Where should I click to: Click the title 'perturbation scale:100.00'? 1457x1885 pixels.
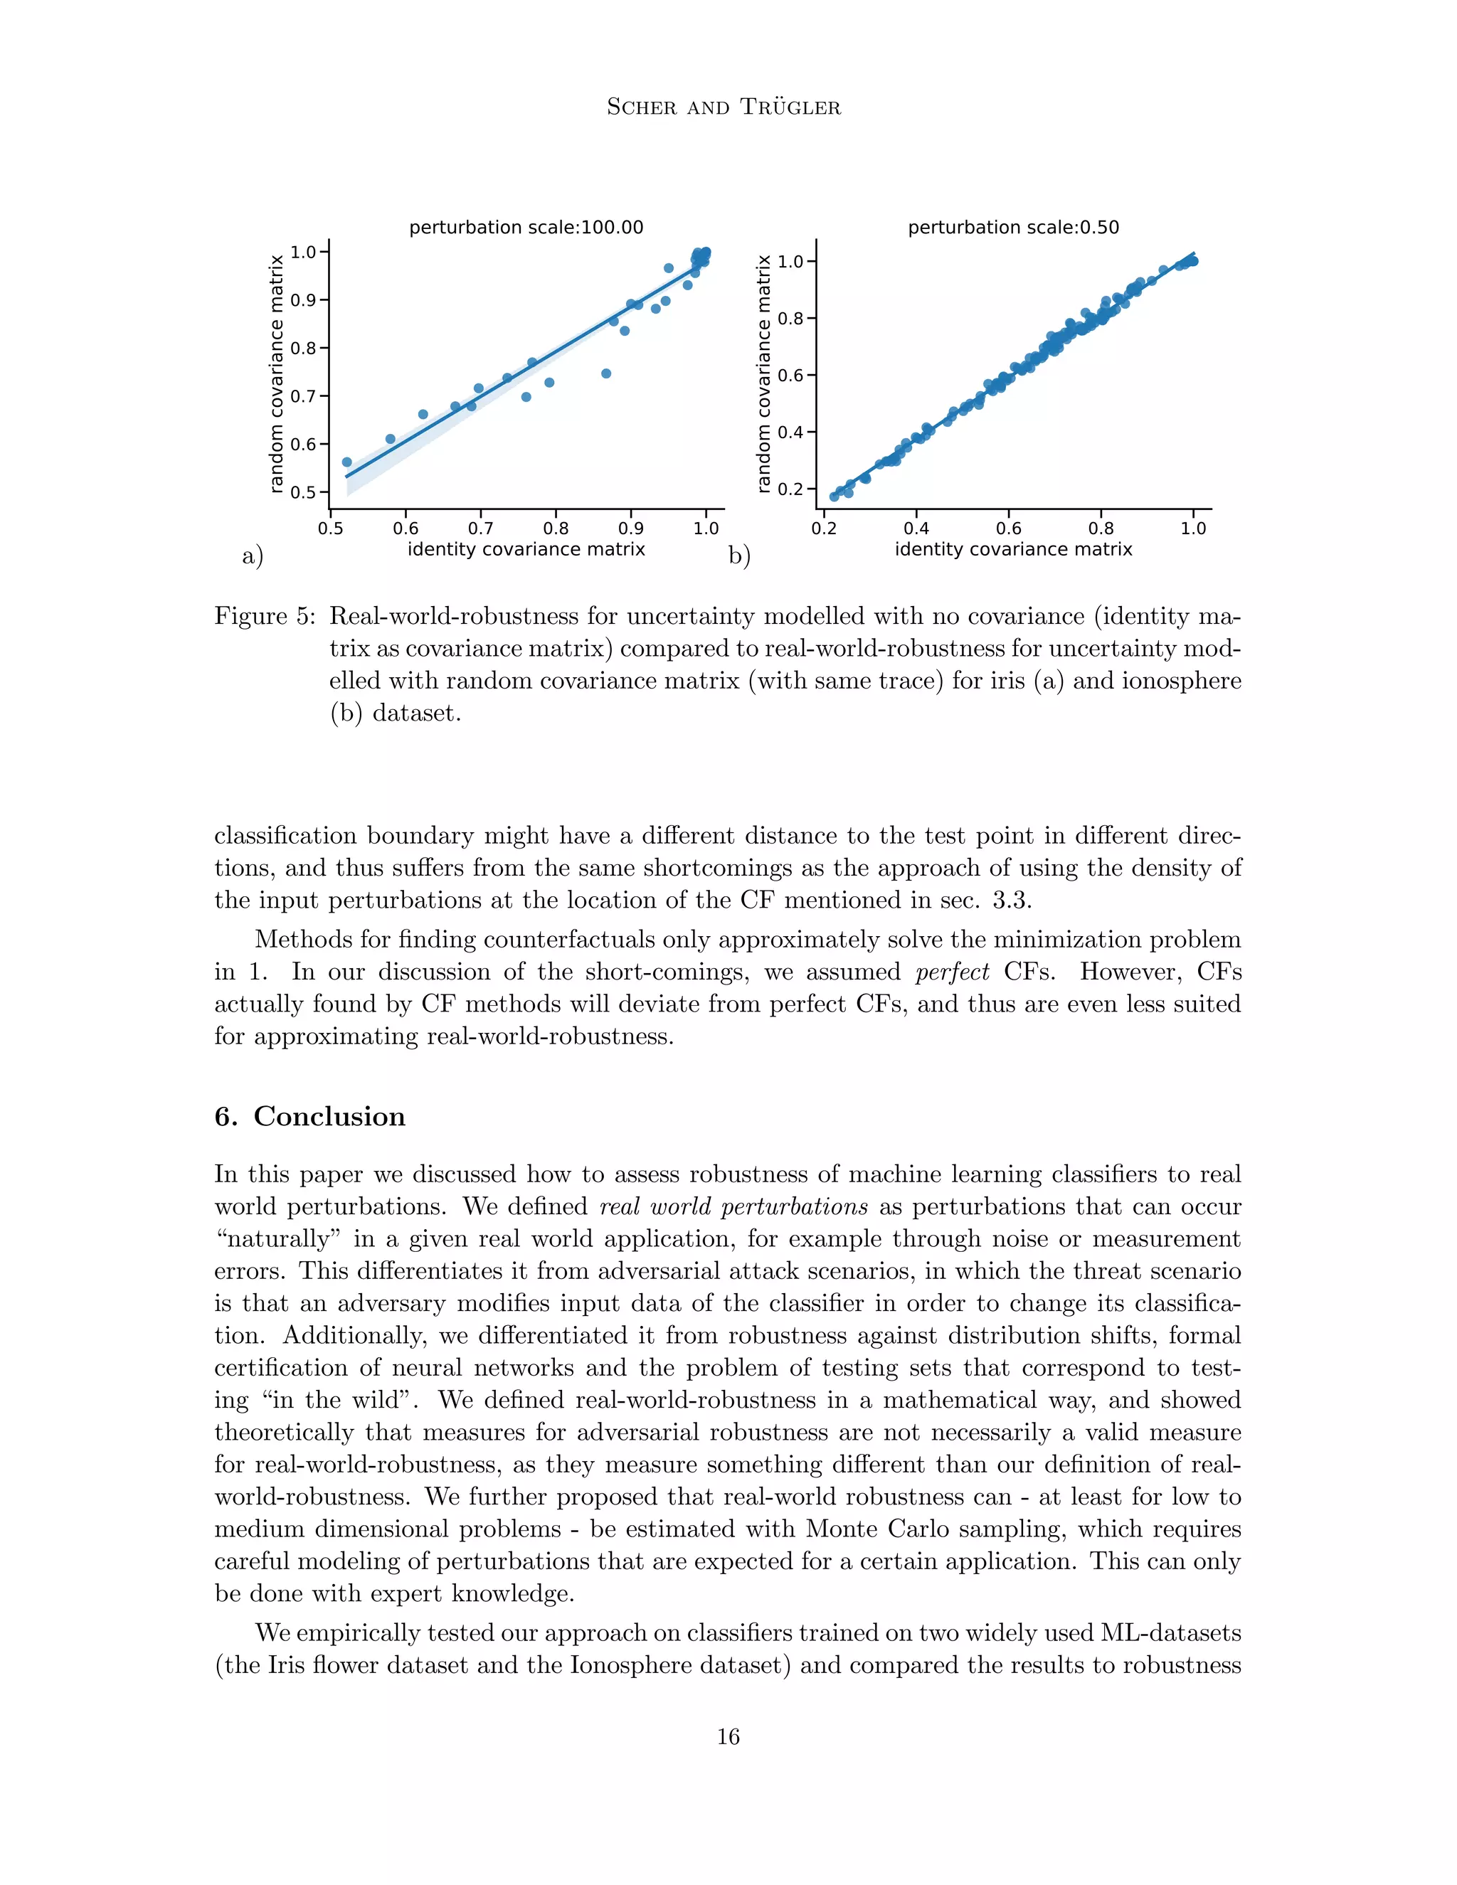click(x=526, y=227)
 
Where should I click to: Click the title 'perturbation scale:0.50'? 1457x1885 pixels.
click(x=1013, y=227)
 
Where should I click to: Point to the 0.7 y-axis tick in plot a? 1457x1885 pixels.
click(x=304, y=396)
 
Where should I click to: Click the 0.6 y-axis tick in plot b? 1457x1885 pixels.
click(x=790, y=376)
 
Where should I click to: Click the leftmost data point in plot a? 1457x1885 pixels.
click(x=347, y=462)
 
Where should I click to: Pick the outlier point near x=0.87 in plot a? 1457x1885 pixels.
click(x=606, y=373)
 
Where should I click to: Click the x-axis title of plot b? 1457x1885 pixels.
click(x=1013, y=549)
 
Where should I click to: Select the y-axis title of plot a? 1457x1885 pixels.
click(x=276, y=373)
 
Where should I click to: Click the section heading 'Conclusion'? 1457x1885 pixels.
click(x=329, y=1116)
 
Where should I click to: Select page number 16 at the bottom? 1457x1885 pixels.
click(x=728, y=1736)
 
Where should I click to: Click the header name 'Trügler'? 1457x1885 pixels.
click(x=792, y=107)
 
